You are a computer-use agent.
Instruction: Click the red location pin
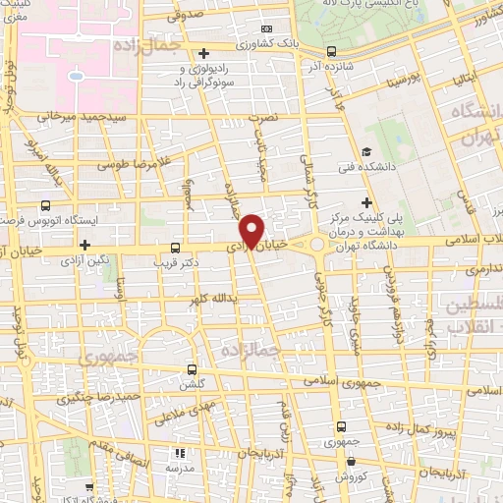(251, 230)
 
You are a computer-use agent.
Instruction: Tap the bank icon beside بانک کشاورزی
(268, 29)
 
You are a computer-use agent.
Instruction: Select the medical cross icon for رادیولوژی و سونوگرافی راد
(203, 53)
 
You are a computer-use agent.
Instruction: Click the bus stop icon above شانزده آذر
(330, 52)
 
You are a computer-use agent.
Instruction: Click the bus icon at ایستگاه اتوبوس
(45, 207)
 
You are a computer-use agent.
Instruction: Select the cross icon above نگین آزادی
(85, 245)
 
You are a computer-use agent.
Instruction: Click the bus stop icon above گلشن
(193, 369)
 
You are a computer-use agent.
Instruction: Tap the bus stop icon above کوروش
(341, 426)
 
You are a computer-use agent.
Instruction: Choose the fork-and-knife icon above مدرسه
(180, 453)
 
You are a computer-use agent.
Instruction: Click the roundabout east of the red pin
(316, 244)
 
